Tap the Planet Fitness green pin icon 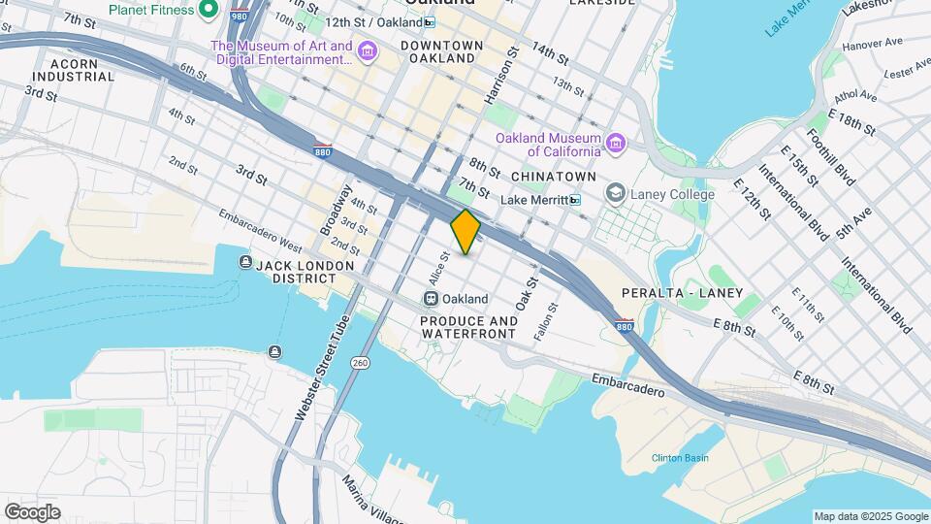(x=208, y=11)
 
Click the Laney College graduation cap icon (x=616, y=194)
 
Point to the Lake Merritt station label (x=533, y=200)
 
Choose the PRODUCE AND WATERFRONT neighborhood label (x=468, y=327)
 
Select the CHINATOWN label (x=553, y=176)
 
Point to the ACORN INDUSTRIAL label (x=65, y=69)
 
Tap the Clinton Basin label (x=680, y=458)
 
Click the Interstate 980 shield (x=239, y=16)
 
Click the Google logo (x=32, y=512)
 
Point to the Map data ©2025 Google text (x=870, y=516)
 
